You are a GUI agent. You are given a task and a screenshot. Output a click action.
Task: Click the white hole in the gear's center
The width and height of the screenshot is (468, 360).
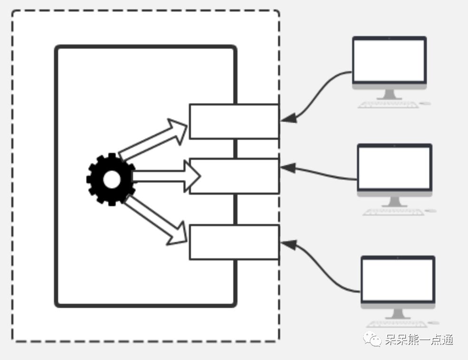[112, 179]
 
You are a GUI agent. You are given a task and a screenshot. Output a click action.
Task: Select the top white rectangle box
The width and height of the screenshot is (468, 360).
[234, 121]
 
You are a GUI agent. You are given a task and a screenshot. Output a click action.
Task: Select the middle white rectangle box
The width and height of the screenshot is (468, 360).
[234, 176]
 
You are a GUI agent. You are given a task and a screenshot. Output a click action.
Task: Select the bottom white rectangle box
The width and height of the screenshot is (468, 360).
[234, 242]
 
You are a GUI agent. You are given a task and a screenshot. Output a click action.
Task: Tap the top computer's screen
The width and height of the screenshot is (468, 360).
[389, 60]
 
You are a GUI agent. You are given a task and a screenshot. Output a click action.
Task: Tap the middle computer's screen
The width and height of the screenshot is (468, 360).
[394, 168]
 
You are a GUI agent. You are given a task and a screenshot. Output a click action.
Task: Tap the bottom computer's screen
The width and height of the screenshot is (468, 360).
[398, 279]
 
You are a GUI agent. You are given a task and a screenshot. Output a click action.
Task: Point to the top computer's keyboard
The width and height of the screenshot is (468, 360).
[388, 104]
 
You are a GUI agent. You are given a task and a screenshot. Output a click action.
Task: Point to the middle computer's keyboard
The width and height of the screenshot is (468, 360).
[393, 212]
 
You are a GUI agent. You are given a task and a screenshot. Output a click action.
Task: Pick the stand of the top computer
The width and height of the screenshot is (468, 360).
[389, 94]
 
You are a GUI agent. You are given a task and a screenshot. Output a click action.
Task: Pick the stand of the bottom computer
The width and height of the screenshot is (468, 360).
[398, 313]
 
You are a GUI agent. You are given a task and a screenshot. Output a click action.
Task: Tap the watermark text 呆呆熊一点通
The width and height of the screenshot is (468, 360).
[419, 340]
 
